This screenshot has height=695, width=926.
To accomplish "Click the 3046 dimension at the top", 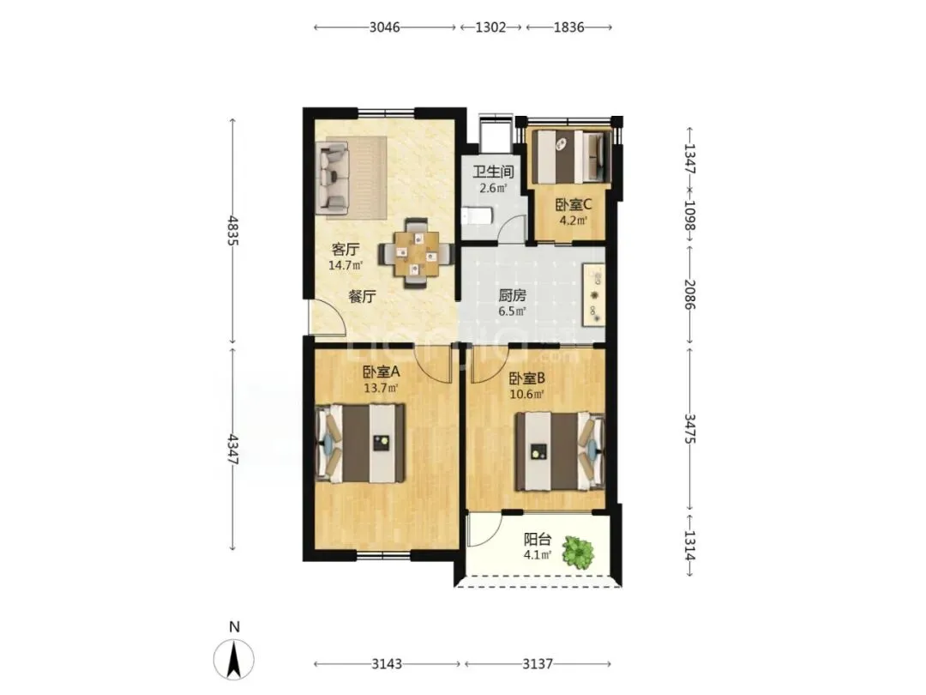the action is (384, 27).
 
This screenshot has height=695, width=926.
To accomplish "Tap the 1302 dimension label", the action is (490, 27).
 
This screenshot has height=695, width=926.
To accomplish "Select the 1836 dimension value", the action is (568, 27).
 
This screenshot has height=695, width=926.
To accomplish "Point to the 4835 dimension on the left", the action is (232, 231).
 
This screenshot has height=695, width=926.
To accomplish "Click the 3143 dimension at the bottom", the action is (387, 664).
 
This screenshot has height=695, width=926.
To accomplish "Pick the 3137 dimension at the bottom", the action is (538, 664).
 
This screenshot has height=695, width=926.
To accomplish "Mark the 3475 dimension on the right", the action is (689, 429).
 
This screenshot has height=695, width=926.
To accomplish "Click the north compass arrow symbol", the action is (234, 659).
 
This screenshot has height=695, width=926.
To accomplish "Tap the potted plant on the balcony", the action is (578, 553).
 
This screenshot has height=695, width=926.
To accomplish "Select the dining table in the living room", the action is (417, 253).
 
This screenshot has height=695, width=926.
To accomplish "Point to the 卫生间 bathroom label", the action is (493, 172).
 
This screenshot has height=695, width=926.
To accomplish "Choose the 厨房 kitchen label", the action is (511, 295).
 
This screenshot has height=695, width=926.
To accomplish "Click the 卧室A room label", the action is (381, 372).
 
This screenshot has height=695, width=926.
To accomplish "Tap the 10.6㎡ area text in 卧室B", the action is (526, 394).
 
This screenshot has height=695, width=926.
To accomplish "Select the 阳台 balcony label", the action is (538, 540).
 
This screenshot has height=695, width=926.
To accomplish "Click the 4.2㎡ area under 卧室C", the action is (574, 221).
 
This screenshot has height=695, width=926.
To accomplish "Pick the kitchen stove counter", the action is (594, 294).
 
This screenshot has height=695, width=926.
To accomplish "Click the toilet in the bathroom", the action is (476, 215).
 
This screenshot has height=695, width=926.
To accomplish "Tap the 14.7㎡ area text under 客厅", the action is (346, 265).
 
